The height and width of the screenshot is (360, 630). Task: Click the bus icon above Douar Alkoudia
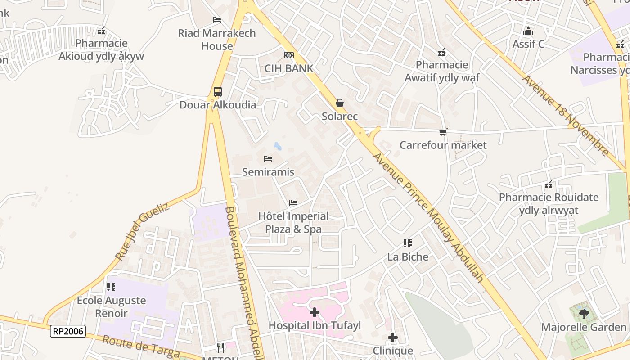point(218,92)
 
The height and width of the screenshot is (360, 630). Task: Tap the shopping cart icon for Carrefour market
point(443,132)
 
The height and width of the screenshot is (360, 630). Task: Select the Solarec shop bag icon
point(340,103)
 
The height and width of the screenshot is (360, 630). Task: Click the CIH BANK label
point(289,68)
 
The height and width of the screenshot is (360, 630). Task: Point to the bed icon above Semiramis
point(268,159)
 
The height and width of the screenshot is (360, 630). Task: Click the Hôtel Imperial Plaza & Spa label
point(293,223)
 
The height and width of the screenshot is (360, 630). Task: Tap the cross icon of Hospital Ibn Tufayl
point(315,312)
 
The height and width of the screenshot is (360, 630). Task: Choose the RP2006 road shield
point(67,331)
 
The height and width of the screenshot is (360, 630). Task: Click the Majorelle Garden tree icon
point(584,314)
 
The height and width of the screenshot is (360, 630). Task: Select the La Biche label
point(408,256)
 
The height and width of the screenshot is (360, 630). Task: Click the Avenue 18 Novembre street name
point(566,115)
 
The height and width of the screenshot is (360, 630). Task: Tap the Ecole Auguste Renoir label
point(112,307)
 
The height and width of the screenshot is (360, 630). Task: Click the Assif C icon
point(528,31)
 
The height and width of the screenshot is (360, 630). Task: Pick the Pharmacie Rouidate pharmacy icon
point(549,184)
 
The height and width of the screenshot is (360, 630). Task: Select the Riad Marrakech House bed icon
point(216,20)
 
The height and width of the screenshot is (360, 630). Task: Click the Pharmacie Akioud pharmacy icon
point(101,31)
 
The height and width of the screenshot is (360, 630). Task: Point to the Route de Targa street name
point(141,346)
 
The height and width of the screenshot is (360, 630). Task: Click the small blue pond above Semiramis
point(278,146)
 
